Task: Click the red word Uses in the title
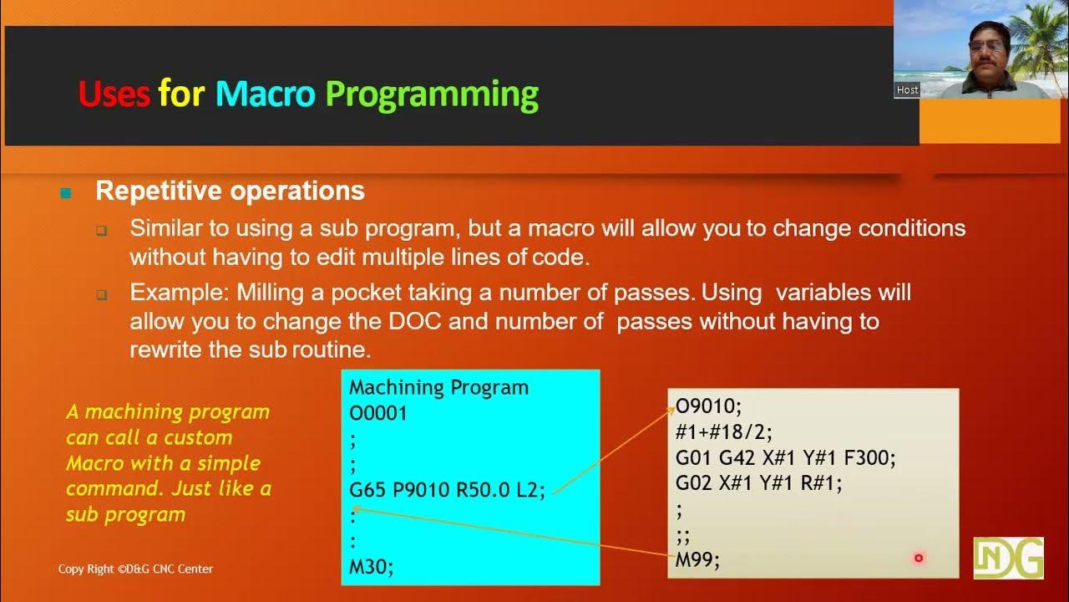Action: click(114, 94)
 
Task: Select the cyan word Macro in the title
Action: click(265, 94)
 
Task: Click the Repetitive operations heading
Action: click(230, 191)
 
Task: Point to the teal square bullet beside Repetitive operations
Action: click(66, 194)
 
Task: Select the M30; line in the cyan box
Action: click(371, 568)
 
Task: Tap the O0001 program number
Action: click(377, 413)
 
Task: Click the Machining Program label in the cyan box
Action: click(438, 387)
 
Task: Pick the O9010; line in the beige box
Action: click(708, 406)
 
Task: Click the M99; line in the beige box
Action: click(697, 560)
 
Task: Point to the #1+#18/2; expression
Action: click(724, 431)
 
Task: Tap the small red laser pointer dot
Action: click(919, 558)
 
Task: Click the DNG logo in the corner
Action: click(1008, 559)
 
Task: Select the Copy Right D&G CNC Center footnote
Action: click(135, 569)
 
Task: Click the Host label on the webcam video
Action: click(907, 89)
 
